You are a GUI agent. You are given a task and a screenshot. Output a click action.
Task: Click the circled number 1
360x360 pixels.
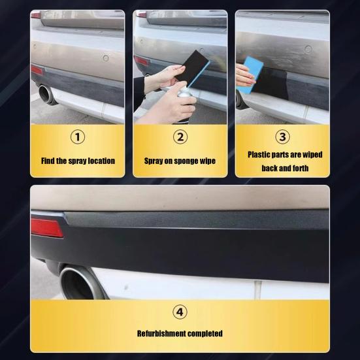[78, 137]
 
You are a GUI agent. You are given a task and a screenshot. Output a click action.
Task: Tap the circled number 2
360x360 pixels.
[180, 137]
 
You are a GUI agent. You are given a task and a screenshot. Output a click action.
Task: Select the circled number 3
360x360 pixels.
[283, 137]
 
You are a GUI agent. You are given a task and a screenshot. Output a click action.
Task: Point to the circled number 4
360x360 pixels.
[180, 311]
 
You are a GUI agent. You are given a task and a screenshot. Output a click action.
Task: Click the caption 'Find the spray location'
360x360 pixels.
[78, 161]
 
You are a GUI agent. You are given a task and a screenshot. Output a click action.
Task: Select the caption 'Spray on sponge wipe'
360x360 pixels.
[180, 161]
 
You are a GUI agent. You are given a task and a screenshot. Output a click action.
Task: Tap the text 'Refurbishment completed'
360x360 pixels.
[180, 334]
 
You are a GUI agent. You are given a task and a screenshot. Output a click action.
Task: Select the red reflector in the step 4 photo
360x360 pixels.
[46, 227]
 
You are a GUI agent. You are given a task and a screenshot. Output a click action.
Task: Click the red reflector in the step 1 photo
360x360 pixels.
[36, 70]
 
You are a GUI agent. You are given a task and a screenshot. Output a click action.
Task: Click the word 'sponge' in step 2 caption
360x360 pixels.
[189, 161]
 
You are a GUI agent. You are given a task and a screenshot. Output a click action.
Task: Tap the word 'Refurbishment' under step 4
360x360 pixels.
[161, 334]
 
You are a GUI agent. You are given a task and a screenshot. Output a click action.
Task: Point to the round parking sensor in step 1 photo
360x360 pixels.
[105, 58]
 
